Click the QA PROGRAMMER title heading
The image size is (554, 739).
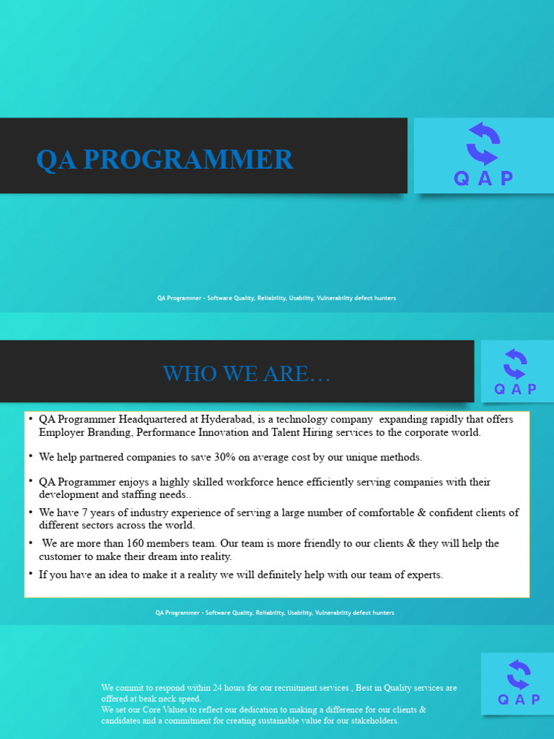[164, 159]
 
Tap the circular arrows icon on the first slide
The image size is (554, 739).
[483, 144]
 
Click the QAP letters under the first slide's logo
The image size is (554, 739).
[483, 179]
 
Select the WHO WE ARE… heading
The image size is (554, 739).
[247, 374]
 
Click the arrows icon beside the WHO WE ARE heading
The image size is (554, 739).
[515, 364]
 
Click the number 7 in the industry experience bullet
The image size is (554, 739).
[90, 512]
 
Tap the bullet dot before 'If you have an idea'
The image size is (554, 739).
[31, 574]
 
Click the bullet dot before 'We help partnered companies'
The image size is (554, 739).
[31, 456]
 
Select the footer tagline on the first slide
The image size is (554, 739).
[276, 298]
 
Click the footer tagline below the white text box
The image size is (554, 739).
[275, 613]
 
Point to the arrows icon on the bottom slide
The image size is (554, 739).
[518, 675]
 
